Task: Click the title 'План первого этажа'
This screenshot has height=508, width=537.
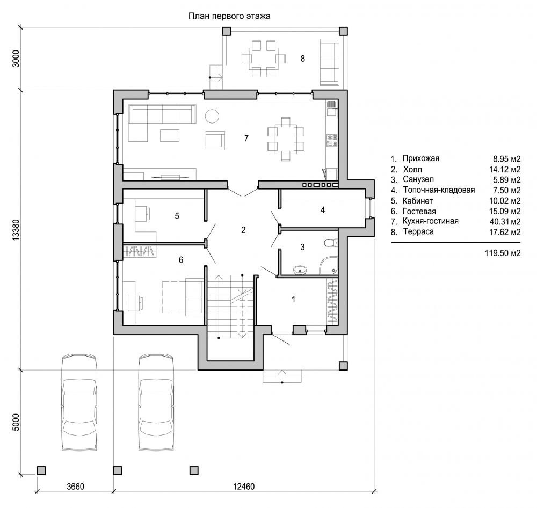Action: (x=229, y=16)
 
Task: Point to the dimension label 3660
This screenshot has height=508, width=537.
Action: (x=75, y=487)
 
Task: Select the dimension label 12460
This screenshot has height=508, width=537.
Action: (x=243, y=487)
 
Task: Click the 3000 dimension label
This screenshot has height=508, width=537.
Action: (x=16, y=59)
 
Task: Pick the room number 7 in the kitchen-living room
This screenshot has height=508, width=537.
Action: (x=246, y=138)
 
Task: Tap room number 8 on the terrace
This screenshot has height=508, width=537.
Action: (x=303, y=59)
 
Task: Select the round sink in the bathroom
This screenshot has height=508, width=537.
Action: (x=300, y=271)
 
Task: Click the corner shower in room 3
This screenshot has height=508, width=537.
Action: (x=329, y=266)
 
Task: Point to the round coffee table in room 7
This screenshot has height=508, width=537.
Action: (x=212, y=116)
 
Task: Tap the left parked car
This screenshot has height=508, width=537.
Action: (x=79, y=403)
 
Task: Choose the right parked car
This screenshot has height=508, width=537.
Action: (x=156, y=403)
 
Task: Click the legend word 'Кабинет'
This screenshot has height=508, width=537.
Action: (x=418, y=201)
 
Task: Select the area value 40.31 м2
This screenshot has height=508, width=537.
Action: (x=505, y=222)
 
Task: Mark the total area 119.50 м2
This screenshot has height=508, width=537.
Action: (x=503, y=253)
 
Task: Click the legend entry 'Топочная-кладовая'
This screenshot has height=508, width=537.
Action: (x=439, y=190)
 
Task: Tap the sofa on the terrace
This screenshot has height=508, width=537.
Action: (x=330, y=62)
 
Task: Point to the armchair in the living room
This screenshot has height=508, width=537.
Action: (x=215, y=141)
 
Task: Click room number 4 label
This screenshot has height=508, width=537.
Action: (x=323, y=210)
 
